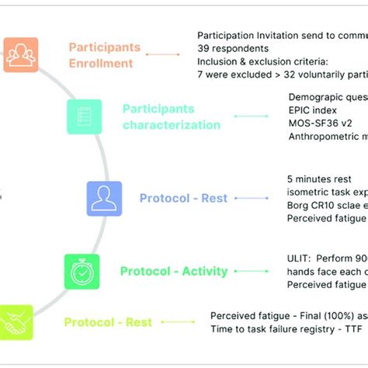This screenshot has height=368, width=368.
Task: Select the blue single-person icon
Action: [x=104, y=198]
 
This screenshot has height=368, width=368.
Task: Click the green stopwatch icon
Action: [x=82, y=272]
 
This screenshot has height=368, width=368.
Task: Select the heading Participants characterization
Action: [x=171, y=117]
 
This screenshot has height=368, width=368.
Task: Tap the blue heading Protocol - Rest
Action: [x=183, y=198]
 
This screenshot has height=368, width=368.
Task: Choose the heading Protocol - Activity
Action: [x=173, y=272]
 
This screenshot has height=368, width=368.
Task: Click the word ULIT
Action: [x=300, y=259]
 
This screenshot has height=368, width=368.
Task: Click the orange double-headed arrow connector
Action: [x=162, y=54]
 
